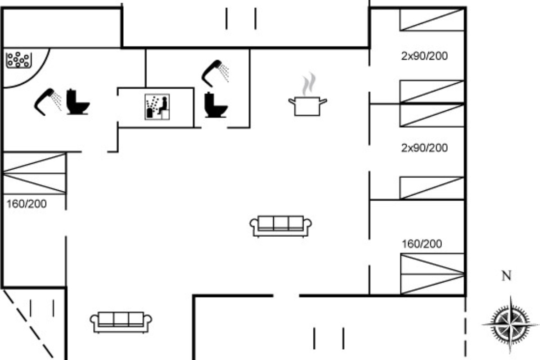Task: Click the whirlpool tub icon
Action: click(x=18, y=60)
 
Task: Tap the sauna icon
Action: click(x=157, y=107)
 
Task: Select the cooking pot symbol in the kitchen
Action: click(x=308, y=106)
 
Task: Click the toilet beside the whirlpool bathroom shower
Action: click(x=77, y=102)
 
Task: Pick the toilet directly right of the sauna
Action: click(x=216, y=105)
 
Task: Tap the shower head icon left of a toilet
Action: click(x=48, y=102)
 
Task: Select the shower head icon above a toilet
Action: click(x=215, y=73)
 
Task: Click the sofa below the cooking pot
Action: click(x=281, y=226)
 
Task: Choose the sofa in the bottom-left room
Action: click(x=121, y=322)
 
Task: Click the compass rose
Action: click(x=510, y=324)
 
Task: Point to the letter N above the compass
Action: click(x=506, y=275)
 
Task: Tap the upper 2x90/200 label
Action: click(x=424, y=56)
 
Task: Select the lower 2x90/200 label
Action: click(x=424, y=148)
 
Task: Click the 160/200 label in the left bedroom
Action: click(x=27, y=204)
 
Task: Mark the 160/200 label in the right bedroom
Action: click(x=422, y=244)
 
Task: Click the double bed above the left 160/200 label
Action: click(x=35, y=173)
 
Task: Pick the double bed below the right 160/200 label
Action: click(x=432, y=274)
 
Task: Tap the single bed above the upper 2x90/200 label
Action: click(x=432, y=20)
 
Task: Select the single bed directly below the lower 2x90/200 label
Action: click(x=432, y=188)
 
